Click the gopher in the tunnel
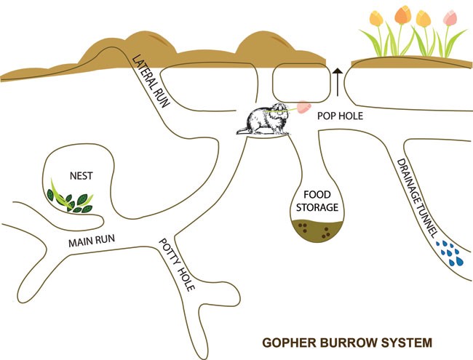[x=264, y=121]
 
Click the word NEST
[x=81, y=175]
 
